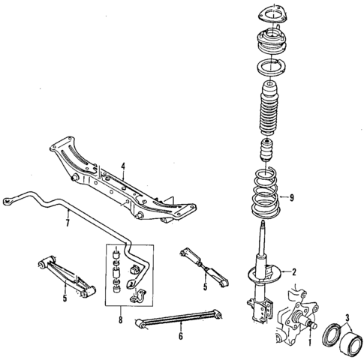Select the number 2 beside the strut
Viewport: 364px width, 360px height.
tap(294, 271)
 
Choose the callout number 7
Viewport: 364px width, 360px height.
tap(68, 222)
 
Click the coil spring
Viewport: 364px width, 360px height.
tap(266, 196)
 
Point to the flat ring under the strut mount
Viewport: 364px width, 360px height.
tap(266, 69)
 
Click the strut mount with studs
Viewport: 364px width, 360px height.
tap(266, 41)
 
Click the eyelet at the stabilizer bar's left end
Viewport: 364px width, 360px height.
tap(9, 201)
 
